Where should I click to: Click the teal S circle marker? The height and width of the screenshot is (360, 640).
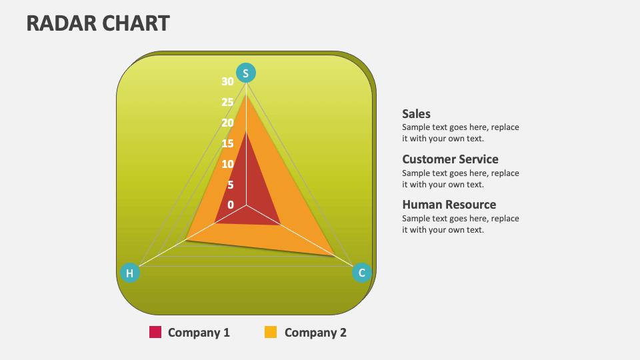(x=246, y=73)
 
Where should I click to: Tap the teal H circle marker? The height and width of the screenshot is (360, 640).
(x=130, y=273)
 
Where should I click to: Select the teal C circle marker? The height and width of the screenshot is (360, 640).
(x=362, y=272)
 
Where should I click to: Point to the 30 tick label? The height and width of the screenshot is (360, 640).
(x=228, y=81)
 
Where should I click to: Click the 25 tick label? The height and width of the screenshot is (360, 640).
(x=228, y=102)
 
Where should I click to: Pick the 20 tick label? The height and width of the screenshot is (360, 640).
(x=228, y=123)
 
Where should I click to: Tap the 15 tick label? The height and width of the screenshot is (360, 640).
(x=228, y=143)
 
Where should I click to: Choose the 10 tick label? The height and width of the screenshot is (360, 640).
(x=228, y=164)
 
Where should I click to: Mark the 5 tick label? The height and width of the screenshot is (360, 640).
(x=231, y=185)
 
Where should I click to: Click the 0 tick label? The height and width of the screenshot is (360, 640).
(x=231, y=205)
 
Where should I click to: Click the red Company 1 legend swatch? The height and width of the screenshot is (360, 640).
(x=155, y=332)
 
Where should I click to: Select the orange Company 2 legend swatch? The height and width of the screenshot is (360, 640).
(x=271, y=332)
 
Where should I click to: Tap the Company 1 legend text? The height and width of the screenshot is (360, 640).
(x=199, y=332)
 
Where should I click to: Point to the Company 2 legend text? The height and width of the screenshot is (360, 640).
(x=315, y=332)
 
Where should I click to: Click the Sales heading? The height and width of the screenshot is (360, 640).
(x=417, y=114)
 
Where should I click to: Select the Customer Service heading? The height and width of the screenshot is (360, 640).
(x=450, y=159)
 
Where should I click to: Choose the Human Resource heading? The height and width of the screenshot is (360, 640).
(x=449, y=205)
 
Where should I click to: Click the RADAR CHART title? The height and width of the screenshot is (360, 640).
(x=98, y=23)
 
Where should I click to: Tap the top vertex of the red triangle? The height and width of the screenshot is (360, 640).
(x=246, y=131)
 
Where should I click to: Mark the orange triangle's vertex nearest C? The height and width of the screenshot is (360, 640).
(x=334, y=255)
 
